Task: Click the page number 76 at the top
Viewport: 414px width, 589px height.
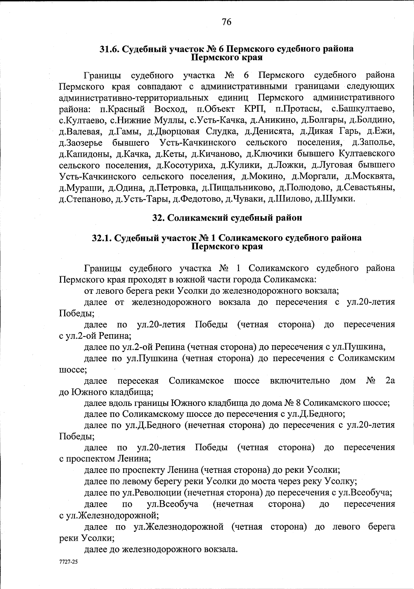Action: (x=226, y=22)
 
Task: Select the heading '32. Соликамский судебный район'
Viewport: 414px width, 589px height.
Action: (x=227, y=218)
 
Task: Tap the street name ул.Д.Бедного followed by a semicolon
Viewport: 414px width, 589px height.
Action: (x=319, y=414)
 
